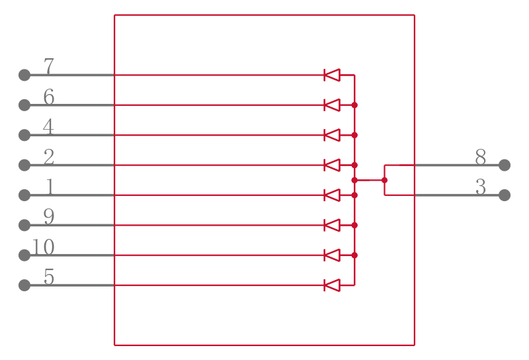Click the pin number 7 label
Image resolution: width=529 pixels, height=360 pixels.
[49, 66]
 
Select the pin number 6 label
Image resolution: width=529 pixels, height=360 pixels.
[49, 96]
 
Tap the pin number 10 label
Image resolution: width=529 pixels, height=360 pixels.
[43, 247]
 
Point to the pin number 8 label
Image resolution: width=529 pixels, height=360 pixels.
[481, 157]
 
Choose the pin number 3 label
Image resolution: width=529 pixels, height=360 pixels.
[481, 187]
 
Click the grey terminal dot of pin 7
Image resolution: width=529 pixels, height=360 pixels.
[24, 75]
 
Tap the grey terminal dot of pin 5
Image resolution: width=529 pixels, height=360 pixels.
[24, 285]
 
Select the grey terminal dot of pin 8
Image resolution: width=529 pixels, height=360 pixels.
[505, 165]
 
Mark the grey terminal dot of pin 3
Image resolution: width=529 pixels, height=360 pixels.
[505, 195]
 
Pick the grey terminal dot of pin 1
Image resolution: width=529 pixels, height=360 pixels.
[24, 195]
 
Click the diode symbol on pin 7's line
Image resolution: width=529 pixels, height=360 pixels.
[332, 75]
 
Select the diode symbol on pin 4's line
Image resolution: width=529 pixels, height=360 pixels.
[332, 135]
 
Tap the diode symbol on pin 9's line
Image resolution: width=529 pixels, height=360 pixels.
[332, 225]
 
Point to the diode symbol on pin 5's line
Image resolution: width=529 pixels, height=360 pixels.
[332, 285]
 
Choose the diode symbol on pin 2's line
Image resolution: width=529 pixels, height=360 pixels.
[332, 165]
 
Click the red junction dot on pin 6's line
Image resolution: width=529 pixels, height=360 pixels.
[354, 105]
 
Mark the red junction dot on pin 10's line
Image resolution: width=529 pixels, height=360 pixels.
[354, 255]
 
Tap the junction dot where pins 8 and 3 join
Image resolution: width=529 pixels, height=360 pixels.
[384, 180]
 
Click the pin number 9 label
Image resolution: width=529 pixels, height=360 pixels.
[49, 216]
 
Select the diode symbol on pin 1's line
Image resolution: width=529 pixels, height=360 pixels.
[332, 195]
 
